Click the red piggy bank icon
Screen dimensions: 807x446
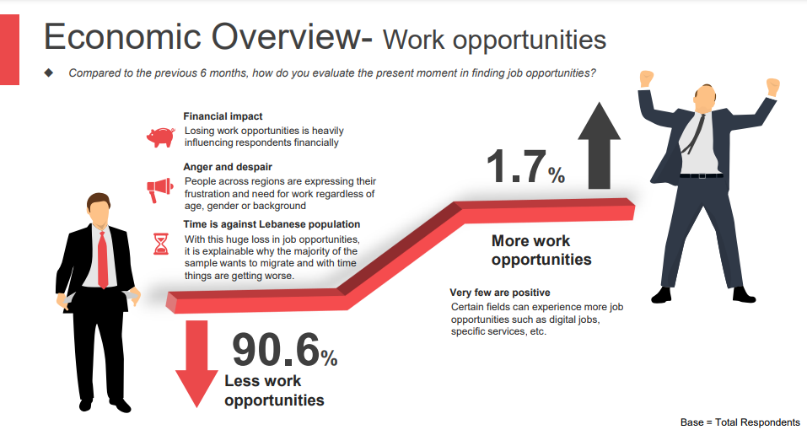click(160, 137)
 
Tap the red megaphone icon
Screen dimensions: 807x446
click(159, 190)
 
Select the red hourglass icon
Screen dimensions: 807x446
click(161, 244)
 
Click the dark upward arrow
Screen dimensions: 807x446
click(599, 145)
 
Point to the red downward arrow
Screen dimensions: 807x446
click(196, 363)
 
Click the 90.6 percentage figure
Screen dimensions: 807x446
click(285, 350)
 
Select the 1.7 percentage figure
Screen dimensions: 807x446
click(525, 167)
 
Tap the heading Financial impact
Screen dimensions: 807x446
click(223, 116)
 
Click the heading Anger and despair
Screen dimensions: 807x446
click(228, 167)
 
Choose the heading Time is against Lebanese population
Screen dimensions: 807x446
click(272, 224)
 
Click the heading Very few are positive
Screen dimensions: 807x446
click(500, 293)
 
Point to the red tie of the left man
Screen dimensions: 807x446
click(103, 260)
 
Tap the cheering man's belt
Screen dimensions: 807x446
click(701, 175)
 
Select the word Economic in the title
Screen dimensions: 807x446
click(122, 37)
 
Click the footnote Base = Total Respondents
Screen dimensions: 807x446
click(740, 422)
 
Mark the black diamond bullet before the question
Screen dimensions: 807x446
click(49, 73)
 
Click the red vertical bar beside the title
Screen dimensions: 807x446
click(9, 50)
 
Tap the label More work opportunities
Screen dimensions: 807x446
click(541, 250)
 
